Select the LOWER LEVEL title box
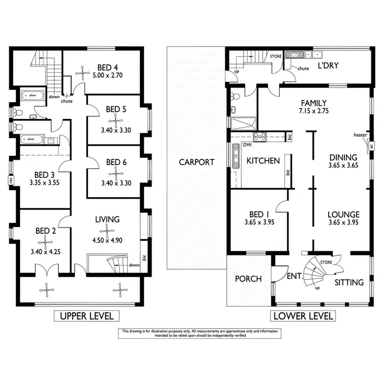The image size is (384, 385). pyautogui.click(x=303, y=316)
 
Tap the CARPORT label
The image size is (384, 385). pyautogui.click(x=196, y=162)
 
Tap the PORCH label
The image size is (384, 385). pyautogui.click(x=248, y=279)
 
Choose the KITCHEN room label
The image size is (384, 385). pyautogui.click(x=263, y=160)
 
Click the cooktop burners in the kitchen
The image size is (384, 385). pyautogui.click(x=259, y=136)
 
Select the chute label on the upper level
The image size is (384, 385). pyautogui.click(x=66, y=101)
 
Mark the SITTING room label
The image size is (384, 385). pyautogui.click(x=349, y=282)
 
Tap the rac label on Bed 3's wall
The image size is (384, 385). pyautogui.click(x=11, y=180)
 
